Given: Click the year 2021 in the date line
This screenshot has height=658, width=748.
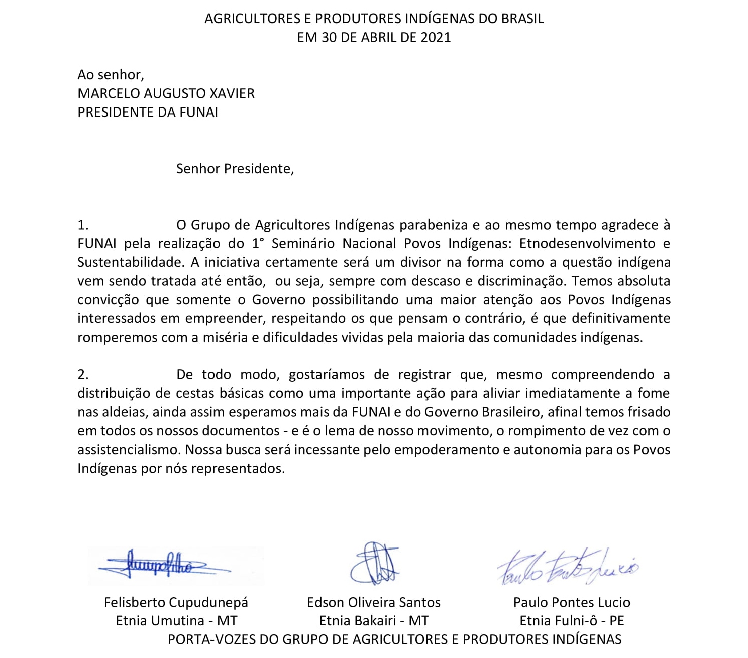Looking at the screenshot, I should (x=436, y=38).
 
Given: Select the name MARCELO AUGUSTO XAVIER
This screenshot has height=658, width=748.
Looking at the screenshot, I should (x=166, y=93).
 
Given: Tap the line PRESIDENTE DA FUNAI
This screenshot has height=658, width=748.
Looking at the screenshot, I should (x=148, y=112).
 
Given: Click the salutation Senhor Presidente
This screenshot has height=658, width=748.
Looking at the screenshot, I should (x=235, y=169).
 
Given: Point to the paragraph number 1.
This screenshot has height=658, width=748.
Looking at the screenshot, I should (x=83, y=225).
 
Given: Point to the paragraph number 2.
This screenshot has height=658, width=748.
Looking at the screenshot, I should (x=83, y=375).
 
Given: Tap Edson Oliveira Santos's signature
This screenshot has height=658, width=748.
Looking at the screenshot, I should (x=375, y=563).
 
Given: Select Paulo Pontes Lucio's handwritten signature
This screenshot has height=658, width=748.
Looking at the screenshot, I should (x=568, y=567).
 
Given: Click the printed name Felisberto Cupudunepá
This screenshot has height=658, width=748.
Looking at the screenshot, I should (x=176, y=602).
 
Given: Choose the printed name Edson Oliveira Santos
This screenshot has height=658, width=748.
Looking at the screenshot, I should (x=373, y=602).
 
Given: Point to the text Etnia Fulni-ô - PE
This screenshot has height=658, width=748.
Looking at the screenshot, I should (x=572, y=621).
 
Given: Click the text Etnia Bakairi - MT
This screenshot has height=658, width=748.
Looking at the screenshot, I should (x=374, y=621).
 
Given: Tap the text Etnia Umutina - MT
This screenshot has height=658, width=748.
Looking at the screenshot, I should (x=176, y=621).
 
